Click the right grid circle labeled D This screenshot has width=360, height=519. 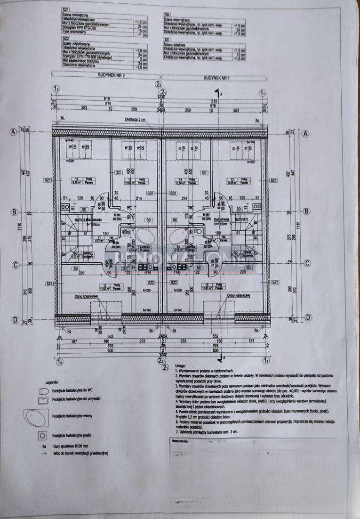[x=308, y=318]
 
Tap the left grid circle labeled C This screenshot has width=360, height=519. [x=15, y=265]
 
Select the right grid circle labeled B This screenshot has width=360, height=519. [x=306, y=211]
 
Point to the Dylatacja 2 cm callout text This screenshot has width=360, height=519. [x=136, y=120]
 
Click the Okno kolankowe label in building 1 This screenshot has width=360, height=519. [x=238, y=296]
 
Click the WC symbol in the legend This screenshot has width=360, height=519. [x=43, y=391]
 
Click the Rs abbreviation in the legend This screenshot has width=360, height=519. [x=43, y=446]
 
